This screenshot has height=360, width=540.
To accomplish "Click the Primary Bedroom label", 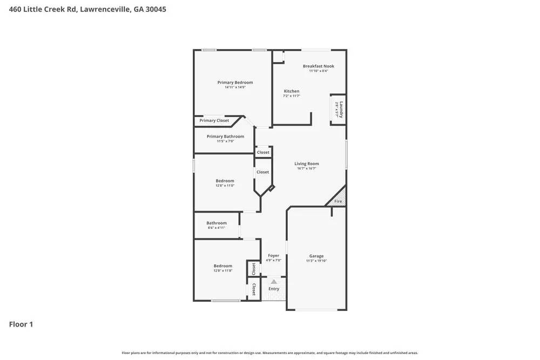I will pos(235,83).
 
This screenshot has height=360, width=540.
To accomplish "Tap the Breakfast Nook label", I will pos(318,66).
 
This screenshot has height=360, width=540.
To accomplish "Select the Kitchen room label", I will pos(292,91).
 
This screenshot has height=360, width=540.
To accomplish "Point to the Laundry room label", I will pos(341,110).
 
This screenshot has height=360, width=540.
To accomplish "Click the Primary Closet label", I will pos(214,120).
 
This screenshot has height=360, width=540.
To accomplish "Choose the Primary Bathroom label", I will pos(225,137).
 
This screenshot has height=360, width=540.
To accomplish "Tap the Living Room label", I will pos(306,164).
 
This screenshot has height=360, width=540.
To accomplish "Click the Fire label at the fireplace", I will pos(338,201).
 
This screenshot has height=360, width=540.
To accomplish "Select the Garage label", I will pos(316,256).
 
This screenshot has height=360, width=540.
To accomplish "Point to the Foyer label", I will pos(274,256).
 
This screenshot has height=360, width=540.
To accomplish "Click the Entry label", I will pos(274,289).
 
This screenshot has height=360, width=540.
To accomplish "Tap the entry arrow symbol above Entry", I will pos(274,281).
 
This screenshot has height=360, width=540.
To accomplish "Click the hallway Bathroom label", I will pos(217,223).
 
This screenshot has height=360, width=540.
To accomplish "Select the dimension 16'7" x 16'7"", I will pos(306,168).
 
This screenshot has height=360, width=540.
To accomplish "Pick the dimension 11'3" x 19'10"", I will pos(316,261).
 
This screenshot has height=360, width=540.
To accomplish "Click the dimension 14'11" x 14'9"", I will pos(235,87).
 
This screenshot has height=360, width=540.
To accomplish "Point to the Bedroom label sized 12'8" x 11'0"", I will pos(225,181).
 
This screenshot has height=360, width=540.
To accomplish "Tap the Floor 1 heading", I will pos(21,324).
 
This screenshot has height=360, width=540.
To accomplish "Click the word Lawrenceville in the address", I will pos(105,9).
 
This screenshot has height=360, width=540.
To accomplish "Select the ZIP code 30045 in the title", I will pos(154,9).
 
